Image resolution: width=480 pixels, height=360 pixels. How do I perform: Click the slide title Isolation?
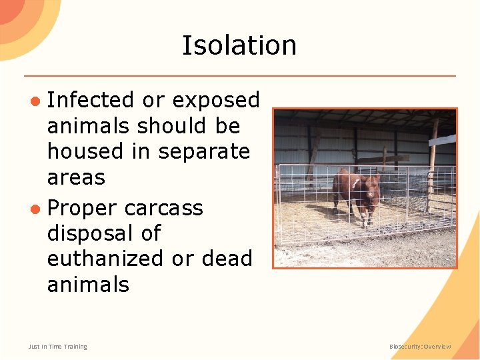(239, 45)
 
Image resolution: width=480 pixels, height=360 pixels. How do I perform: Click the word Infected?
(91, 100)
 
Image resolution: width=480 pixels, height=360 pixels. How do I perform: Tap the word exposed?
(215, 100)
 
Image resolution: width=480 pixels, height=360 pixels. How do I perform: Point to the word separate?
(204, 151)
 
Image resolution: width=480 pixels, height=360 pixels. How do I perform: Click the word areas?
(76, 177)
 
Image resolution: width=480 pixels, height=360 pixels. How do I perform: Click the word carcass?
(163, 208)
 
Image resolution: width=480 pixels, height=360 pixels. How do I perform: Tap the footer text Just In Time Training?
(57, 346)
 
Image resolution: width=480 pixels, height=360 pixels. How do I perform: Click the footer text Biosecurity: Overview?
(420, 346)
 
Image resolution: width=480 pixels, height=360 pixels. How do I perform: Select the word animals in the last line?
(88, 285)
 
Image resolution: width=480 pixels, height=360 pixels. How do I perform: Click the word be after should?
(227, 126)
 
